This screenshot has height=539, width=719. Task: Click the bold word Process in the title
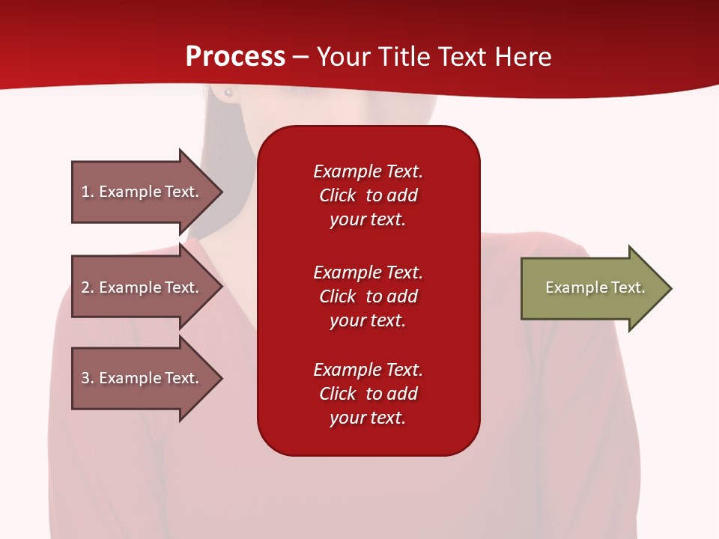point(235,57)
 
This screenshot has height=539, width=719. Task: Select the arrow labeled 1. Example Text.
point(142,192)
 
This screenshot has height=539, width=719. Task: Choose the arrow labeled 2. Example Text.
point(142,287)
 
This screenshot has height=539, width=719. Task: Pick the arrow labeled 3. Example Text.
point(142,378)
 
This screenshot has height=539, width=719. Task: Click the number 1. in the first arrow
point(88,192)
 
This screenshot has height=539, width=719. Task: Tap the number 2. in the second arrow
point(88,287)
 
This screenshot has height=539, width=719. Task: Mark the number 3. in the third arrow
point(88,378)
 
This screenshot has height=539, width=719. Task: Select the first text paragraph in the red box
point(368,195)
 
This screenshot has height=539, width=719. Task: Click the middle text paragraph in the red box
point(368,296)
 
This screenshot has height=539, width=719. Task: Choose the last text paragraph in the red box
point(368,394)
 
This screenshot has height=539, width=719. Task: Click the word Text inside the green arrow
point(628,287)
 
